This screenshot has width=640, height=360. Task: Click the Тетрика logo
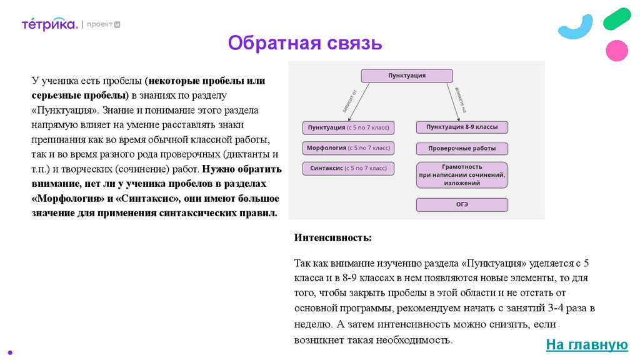[49, 24]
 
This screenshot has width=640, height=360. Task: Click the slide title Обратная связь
[304, 43]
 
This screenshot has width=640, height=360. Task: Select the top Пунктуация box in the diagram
[407, 76]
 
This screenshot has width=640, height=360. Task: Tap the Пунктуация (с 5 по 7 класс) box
[348, 127]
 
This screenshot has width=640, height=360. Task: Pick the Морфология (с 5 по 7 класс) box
[348, 148]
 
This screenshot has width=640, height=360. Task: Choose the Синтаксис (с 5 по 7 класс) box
[348, 169]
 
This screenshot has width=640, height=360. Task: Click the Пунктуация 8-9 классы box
[462, 127]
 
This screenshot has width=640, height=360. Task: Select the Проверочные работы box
[462, 149]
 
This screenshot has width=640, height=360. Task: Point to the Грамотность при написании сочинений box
[462, 175]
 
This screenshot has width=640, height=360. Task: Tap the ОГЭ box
[462, 204]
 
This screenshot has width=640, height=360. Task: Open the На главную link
[586, 344]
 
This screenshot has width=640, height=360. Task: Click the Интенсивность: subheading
[332, 237]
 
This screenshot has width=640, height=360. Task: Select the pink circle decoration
[617, 50]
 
